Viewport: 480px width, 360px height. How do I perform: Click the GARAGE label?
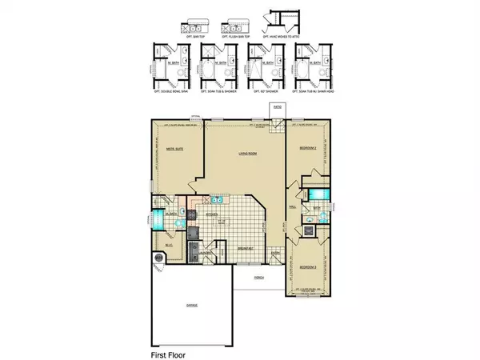[192, 305]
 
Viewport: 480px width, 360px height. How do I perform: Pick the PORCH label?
[258, 278]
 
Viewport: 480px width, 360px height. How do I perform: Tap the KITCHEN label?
[213, 215]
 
